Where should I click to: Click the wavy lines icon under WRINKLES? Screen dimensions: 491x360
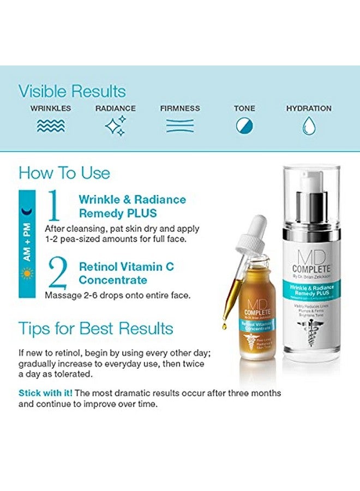click(50, 126)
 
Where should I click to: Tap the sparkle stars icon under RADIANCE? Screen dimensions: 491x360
click(115, 125)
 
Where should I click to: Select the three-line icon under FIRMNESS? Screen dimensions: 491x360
click(180, 126)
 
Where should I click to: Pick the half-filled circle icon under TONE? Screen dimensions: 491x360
click(244, 126)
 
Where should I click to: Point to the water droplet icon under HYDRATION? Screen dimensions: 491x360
click(309, 126)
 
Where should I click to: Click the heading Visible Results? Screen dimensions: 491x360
click(72, 91)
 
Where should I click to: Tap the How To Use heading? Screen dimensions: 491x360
click(64, 173)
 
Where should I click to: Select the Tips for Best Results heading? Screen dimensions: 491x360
click(96, 328)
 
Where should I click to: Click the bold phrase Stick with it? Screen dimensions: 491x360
click(46, 393)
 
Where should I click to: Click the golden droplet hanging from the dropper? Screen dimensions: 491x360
click(224, 326)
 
